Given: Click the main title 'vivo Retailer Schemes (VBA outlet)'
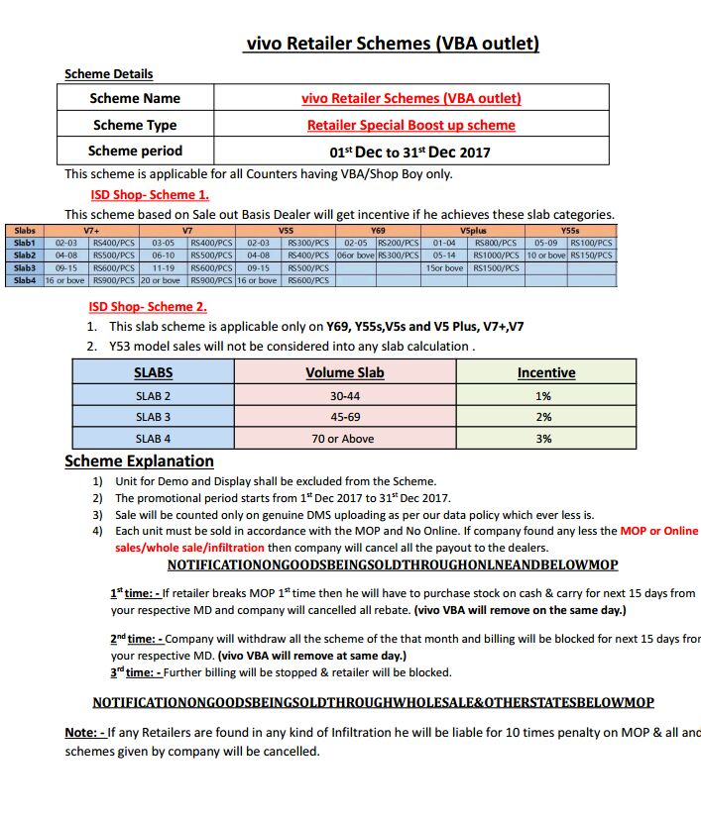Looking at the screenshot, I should (x=392, y=44).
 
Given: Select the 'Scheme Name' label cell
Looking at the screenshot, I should (x=135, y=98).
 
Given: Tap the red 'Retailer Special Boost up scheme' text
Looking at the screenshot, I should (x=410, y=125).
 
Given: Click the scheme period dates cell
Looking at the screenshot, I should (x=410, y=153).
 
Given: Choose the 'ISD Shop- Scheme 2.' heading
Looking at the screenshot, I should (x=148, y=307).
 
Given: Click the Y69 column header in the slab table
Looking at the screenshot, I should (x=378, y=231).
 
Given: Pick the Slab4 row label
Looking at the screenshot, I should (x=25, y=280).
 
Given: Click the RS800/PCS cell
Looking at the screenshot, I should (x=495, y=243).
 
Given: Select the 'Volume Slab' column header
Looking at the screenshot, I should (x=344, y=373).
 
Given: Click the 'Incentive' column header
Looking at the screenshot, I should (x=546, y=373).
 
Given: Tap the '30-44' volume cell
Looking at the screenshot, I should (x=344, y=396).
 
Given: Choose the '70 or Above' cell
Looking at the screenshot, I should (x=344, y=439).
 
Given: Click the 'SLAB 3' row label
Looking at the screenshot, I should (x=153, y=417).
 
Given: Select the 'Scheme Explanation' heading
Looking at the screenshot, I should (x=139, y=460).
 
